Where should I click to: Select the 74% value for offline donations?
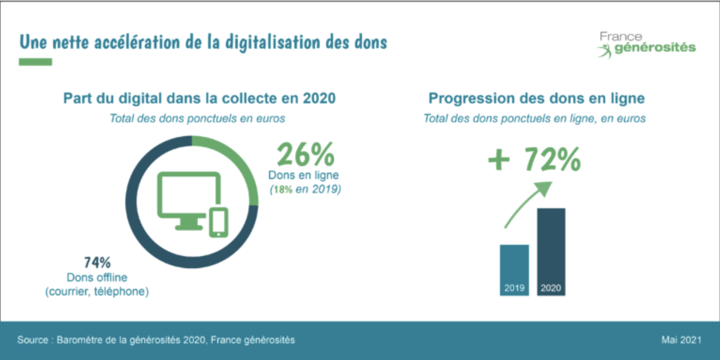pyautogui.click(x=97, y=262)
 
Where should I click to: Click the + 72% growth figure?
pyautogui.click(x=534, y=161)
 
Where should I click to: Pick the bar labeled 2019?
pyautogui.click(x=514, y=270)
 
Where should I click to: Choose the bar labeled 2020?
pyautogui.click(x=551, y=252)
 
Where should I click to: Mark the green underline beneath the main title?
pyautogui.click(x=35, y=62)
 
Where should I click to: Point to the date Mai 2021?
pyautogui.click(x=681, y=340)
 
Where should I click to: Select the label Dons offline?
pyautogui.click(x=97, y=277)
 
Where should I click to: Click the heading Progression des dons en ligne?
pyautogui.click(x=536, y=99)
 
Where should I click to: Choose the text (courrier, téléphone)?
pyautogui.click(x=97, y=292)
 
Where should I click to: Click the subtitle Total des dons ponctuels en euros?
pyautogui.click(x=197, y=118)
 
